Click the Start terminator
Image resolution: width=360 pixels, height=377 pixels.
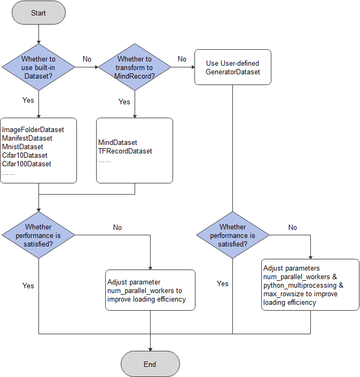pos(38,13)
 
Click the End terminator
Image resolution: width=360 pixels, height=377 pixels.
pos(150,364)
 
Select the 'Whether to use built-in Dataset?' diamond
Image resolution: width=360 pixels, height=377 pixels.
pos(39,68)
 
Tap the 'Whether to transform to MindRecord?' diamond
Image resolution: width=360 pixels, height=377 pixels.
pos(135,68)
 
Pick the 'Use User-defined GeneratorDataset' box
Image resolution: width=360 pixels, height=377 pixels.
pos(233,67)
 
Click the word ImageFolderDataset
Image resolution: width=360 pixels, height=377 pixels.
pos(33,130)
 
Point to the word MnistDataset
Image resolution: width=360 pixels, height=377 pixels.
pos(23,147)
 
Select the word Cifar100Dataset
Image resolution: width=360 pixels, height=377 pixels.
pos(27,164)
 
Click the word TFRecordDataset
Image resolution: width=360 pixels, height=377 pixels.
pos(125,151)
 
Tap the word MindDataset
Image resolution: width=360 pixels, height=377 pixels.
pos(118,143)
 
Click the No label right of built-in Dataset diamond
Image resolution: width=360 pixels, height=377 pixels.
pos(87,58)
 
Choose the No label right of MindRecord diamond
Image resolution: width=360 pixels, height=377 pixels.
pos(182,59)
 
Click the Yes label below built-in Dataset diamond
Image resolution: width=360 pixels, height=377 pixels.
pos(28,100)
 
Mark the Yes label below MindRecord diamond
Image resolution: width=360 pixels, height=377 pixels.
pos(124,102)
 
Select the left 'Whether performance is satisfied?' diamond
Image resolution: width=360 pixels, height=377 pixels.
pos(38,235)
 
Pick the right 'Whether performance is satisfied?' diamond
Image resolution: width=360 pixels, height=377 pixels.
pos(233,235)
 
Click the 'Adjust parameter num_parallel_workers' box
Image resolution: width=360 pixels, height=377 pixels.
pos(150,290)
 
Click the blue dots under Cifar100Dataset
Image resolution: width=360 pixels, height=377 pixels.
pos(9,174)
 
